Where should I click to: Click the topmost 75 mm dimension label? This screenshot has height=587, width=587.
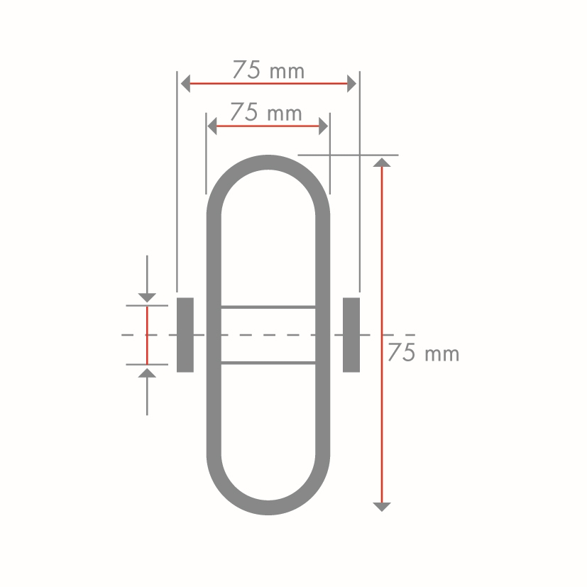268,70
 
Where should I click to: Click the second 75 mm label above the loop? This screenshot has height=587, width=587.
266,112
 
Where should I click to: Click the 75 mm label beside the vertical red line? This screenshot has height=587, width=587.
424,352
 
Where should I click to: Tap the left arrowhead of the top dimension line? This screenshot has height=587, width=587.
185,84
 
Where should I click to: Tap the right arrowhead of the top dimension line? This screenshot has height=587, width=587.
351,84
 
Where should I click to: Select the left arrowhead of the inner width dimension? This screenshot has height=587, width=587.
212,126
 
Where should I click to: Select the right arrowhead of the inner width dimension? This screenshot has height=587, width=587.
324,126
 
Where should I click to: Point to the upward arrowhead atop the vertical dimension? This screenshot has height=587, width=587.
382,163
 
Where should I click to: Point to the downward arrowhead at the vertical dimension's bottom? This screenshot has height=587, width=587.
382,507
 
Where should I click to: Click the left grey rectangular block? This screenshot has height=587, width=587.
185,335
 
